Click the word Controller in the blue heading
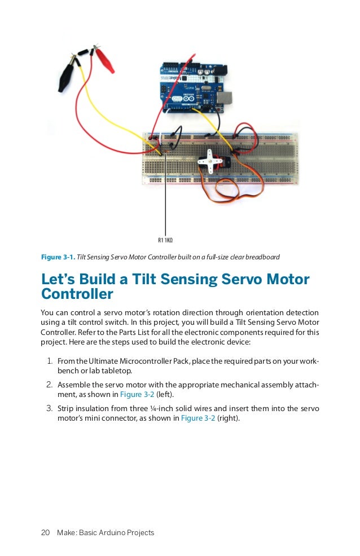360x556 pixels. tap(77, 294)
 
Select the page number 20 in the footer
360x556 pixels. tap(46, 533)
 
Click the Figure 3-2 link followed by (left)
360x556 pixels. tap(136, 395)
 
